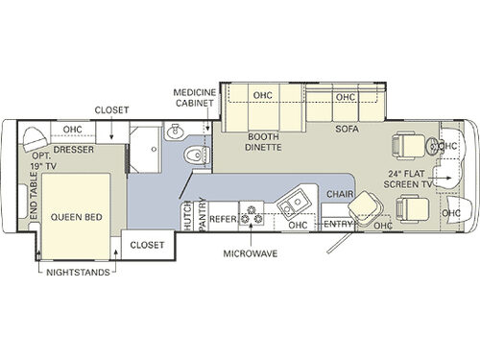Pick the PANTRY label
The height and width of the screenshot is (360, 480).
[203, 215]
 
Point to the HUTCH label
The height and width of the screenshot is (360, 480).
[186, 215]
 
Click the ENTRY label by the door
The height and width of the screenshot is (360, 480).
[339, 224]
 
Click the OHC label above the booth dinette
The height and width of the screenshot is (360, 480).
[261, 95]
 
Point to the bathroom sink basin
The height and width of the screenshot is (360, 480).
[175, 132]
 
